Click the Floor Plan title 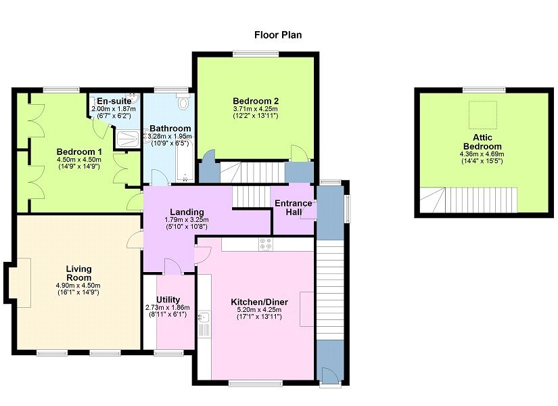[x=278, y=35]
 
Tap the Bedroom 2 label [x=256, y=101]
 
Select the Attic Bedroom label [x=482, y=141]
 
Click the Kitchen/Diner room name [x=260, y=302]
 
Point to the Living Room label [x=78, y=273]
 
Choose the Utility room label [x=168, y=300]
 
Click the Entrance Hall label [x=294, y=208]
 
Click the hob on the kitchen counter [x=266, y=244]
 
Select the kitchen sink [x=204, y=317]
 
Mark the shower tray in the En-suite [x=127, y=139]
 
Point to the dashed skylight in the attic [x=482, y=114]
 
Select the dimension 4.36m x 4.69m [x=482, y=154]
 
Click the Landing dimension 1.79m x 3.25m [x=187, y=220]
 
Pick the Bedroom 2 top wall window [x=256, y=53]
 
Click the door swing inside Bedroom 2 [x=299, y=152]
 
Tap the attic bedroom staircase [x=468, y=200]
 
